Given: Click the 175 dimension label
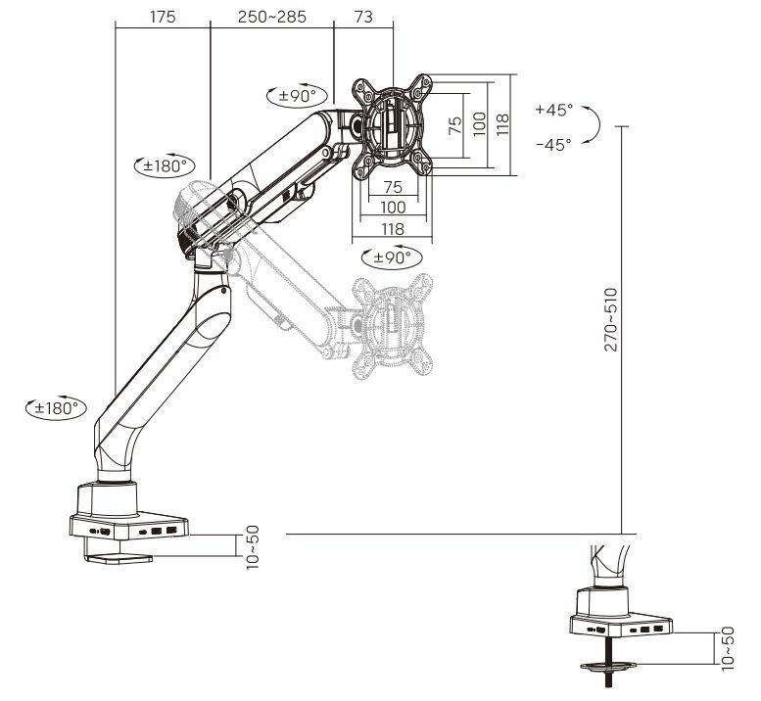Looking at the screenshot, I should click(x=164, y=17).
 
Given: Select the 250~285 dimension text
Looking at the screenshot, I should click(x=271, y=17).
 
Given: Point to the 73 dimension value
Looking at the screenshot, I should click(x=362, y=17).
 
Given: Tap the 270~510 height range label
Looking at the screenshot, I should click(x=611, y=319).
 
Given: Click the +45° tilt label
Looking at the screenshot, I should click(x=554, y=110).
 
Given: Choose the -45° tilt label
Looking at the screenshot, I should click(x=554, y=144).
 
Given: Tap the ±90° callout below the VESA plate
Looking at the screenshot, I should click(x=392, y=257).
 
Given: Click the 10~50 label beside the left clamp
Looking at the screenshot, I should click(x=253, y=547).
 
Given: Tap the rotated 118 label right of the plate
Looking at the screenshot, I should click(x=502, y=123).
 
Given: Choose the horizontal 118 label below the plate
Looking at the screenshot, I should click(x=392, y=227).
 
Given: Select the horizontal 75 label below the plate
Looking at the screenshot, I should click(x=392, y=186).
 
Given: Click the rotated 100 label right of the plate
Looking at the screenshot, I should click(x=479, y=123).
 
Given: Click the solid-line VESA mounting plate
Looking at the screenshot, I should click(x=392, y=123).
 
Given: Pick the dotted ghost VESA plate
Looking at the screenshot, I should click(x=392, y=323).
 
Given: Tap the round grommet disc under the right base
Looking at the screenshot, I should click(x=608, y=669).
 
